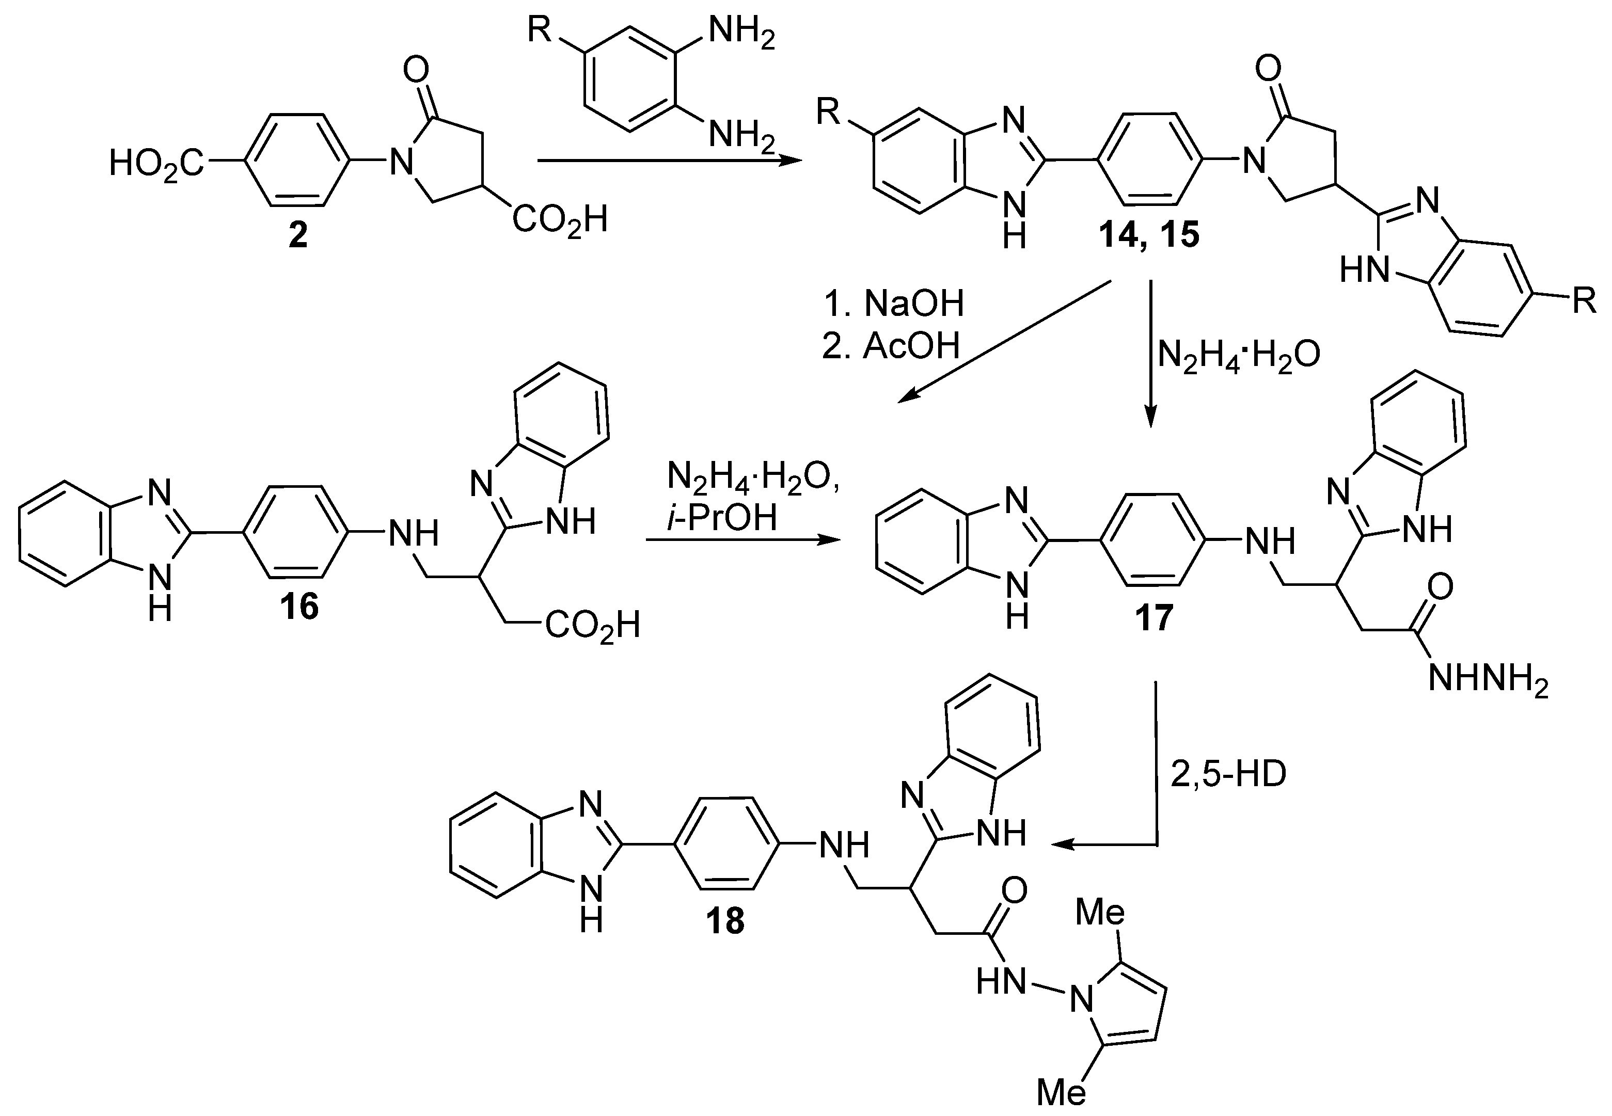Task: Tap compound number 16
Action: (x=299, y=605)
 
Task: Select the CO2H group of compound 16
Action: (x=592, y=625)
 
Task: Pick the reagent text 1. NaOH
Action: (x=893, y=304)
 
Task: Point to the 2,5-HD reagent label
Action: (x=1228, y=776)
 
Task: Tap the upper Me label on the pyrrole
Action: (x=1100, y=913)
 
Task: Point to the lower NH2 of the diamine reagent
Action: (x=742, y=134)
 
